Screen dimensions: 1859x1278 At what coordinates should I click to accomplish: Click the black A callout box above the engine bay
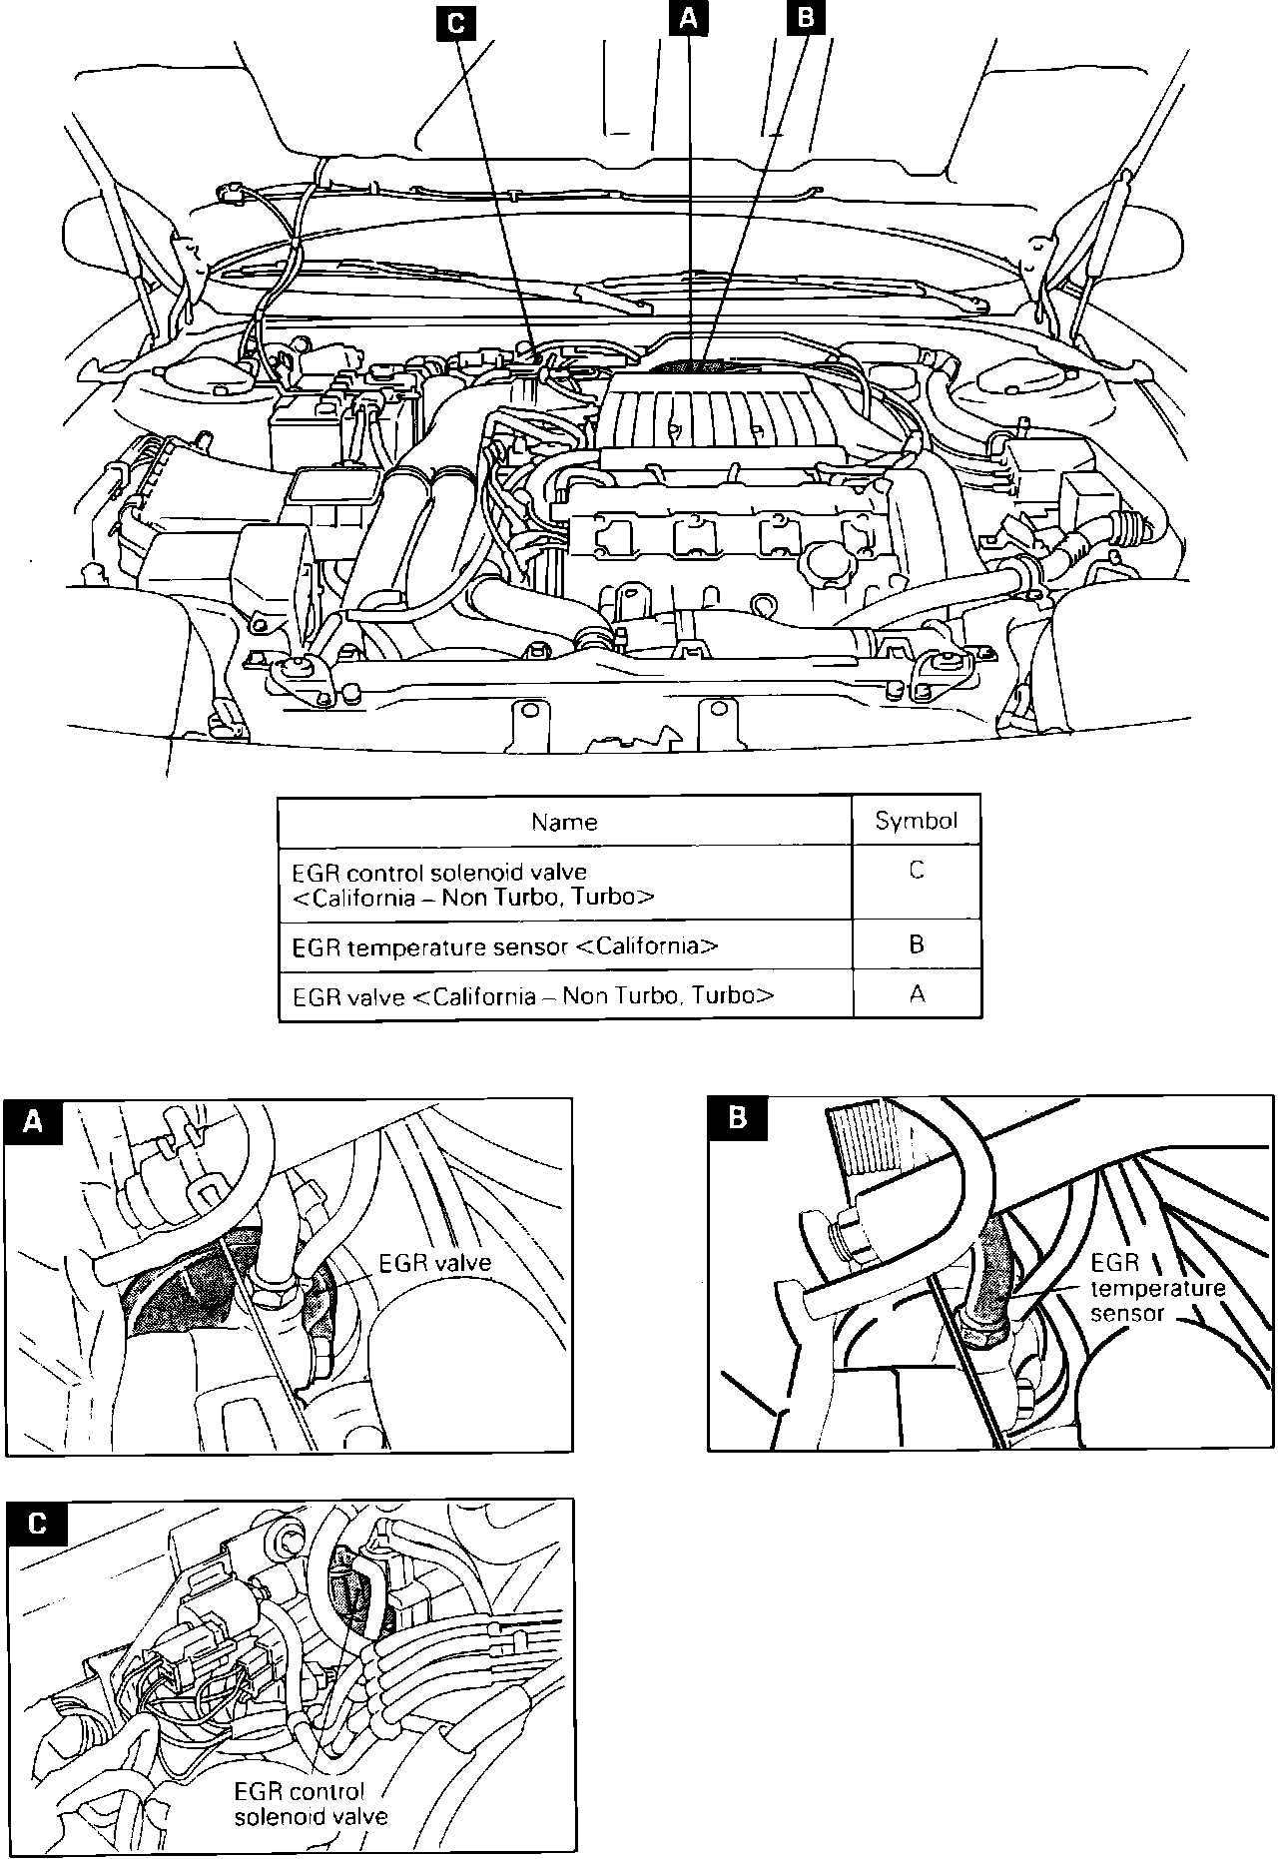[x=688, y=19]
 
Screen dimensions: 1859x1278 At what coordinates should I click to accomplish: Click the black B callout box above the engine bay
[x=806, y=19]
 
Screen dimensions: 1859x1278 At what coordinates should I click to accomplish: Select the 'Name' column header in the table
[x=564, y=822]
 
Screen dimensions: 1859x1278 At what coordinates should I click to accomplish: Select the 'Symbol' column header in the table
[x=916, y=821]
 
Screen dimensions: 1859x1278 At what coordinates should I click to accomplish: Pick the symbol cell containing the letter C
[x=917, y=871]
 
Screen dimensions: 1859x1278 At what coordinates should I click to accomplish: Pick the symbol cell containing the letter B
[x=917, y=944]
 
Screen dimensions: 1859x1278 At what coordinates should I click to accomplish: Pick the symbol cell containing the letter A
[x=917, y=993]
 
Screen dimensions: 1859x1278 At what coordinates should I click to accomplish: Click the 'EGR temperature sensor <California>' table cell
[x=504, y=945]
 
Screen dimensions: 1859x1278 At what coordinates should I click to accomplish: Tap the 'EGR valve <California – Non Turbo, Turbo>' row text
[x=532, y=995]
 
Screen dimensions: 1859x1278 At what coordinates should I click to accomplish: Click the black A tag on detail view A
[x=34, y=1121]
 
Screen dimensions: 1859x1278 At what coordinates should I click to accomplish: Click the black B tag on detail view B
[x=738, y=1117]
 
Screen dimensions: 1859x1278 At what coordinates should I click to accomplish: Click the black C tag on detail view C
[x=37, y=1524]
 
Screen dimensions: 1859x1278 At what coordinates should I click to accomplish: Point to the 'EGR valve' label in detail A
[x=435, y=1262]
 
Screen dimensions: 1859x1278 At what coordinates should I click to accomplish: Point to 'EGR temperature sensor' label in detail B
[x=1157, y=1288]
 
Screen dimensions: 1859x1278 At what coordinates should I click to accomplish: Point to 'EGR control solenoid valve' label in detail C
[x=311, y=1804]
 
